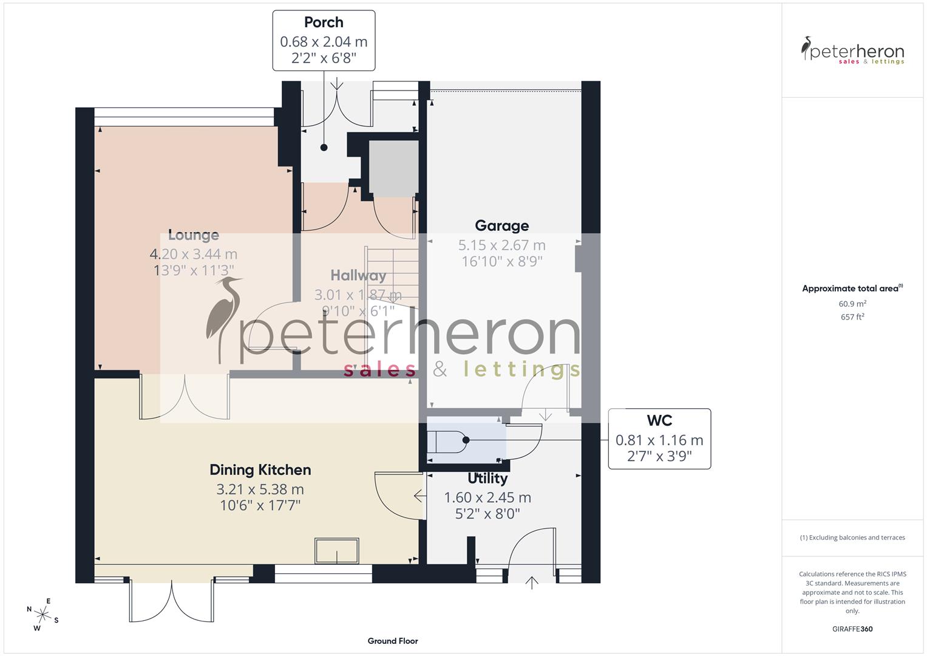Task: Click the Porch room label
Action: [324, 22]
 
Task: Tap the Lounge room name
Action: [193, 235]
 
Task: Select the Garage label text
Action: [501, 226]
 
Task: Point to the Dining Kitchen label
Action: [260, 470]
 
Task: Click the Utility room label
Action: [487, 479]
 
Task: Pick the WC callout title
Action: [659, 420]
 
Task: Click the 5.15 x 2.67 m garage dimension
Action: [501, 245]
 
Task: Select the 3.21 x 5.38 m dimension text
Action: [260, 489]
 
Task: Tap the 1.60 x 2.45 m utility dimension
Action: [487, 497]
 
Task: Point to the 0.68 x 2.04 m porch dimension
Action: [324, 42]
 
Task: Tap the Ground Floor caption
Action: [393, 641]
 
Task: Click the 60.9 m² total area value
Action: [852, 304]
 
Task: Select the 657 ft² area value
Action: [852, 317]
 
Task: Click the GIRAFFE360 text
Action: [852, 629]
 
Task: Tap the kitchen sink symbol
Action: [336, 551]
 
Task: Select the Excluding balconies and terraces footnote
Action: [852, 538]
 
